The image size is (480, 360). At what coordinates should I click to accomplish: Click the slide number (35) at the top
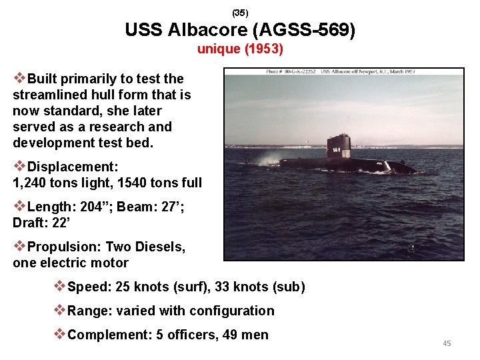(x=240, y=13)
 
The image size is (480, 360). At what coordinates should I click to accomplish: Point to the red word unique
(x=216, y=49)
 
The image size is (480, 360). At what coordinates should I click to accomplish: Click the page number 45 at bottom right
(x=447, y=343)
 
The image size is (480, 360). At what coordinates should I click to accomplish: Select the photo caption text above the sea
(x=340, y=71)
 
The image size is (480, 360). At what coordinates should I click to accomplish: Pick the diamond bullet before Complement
(x=60, y=334)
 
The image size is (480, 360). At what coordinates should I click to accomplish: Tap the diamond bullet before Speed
(x=60, y=287)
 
